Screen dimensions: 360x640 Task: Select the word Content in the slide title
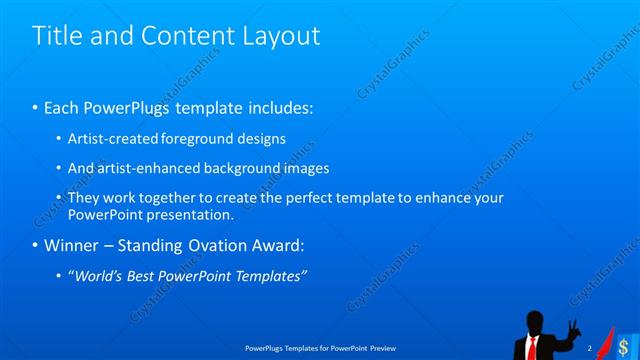[189, 36]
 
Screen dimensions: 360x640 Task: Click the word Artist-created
[110, 139]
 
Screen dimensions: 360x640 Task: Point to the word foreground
[196, 139]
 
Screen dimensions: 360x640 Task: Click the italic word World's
[98, 276]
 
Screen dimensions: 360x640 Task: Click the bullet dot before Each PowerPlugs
[35, 107]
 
